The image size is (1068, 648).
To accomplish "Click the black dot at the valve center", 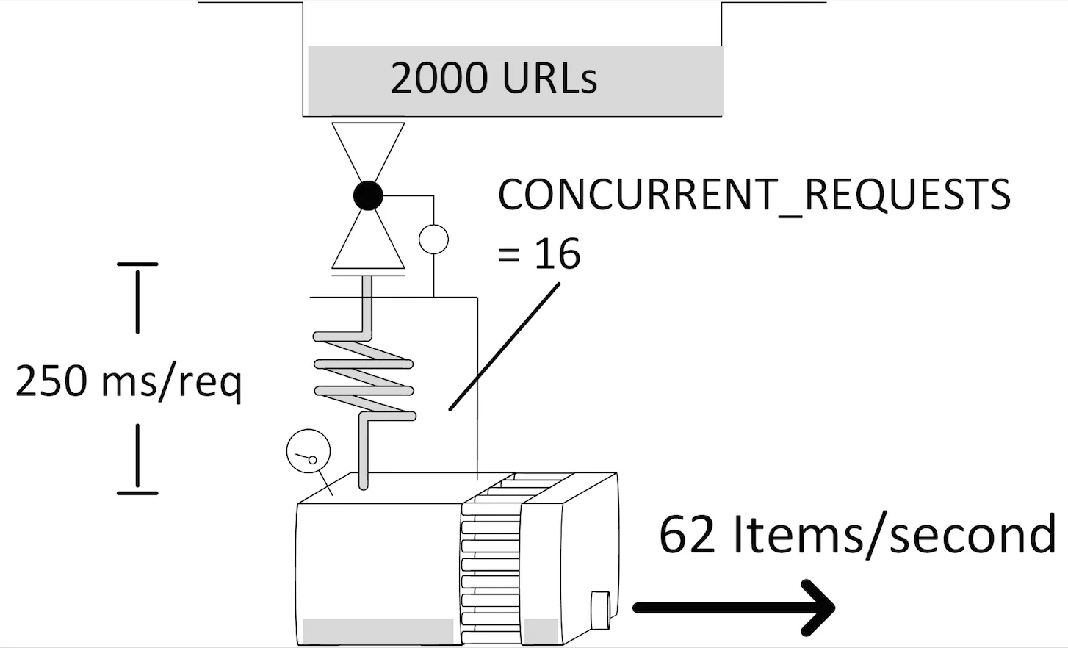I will click(368, 195).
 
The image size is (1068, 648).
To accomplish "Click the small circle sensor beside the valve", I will click(433, 240).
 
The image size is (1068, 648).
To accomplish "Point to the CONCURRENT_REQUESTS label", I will click(754, 195).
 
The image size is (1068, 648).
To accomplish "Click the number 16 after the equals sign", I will click(557, 254).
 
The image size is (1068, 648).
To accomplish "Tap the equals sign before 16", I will click(508, 256).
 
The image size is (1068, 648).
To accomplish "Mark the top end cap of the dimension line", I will click(137, 264).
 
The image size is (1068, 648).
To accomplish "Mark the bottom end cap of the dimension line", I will click(137, 492).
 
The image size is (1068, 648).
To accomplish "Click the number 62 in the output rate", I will click(687, 535).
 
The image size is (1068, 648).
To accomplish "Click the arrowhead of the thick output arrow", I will click(820, 608).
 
